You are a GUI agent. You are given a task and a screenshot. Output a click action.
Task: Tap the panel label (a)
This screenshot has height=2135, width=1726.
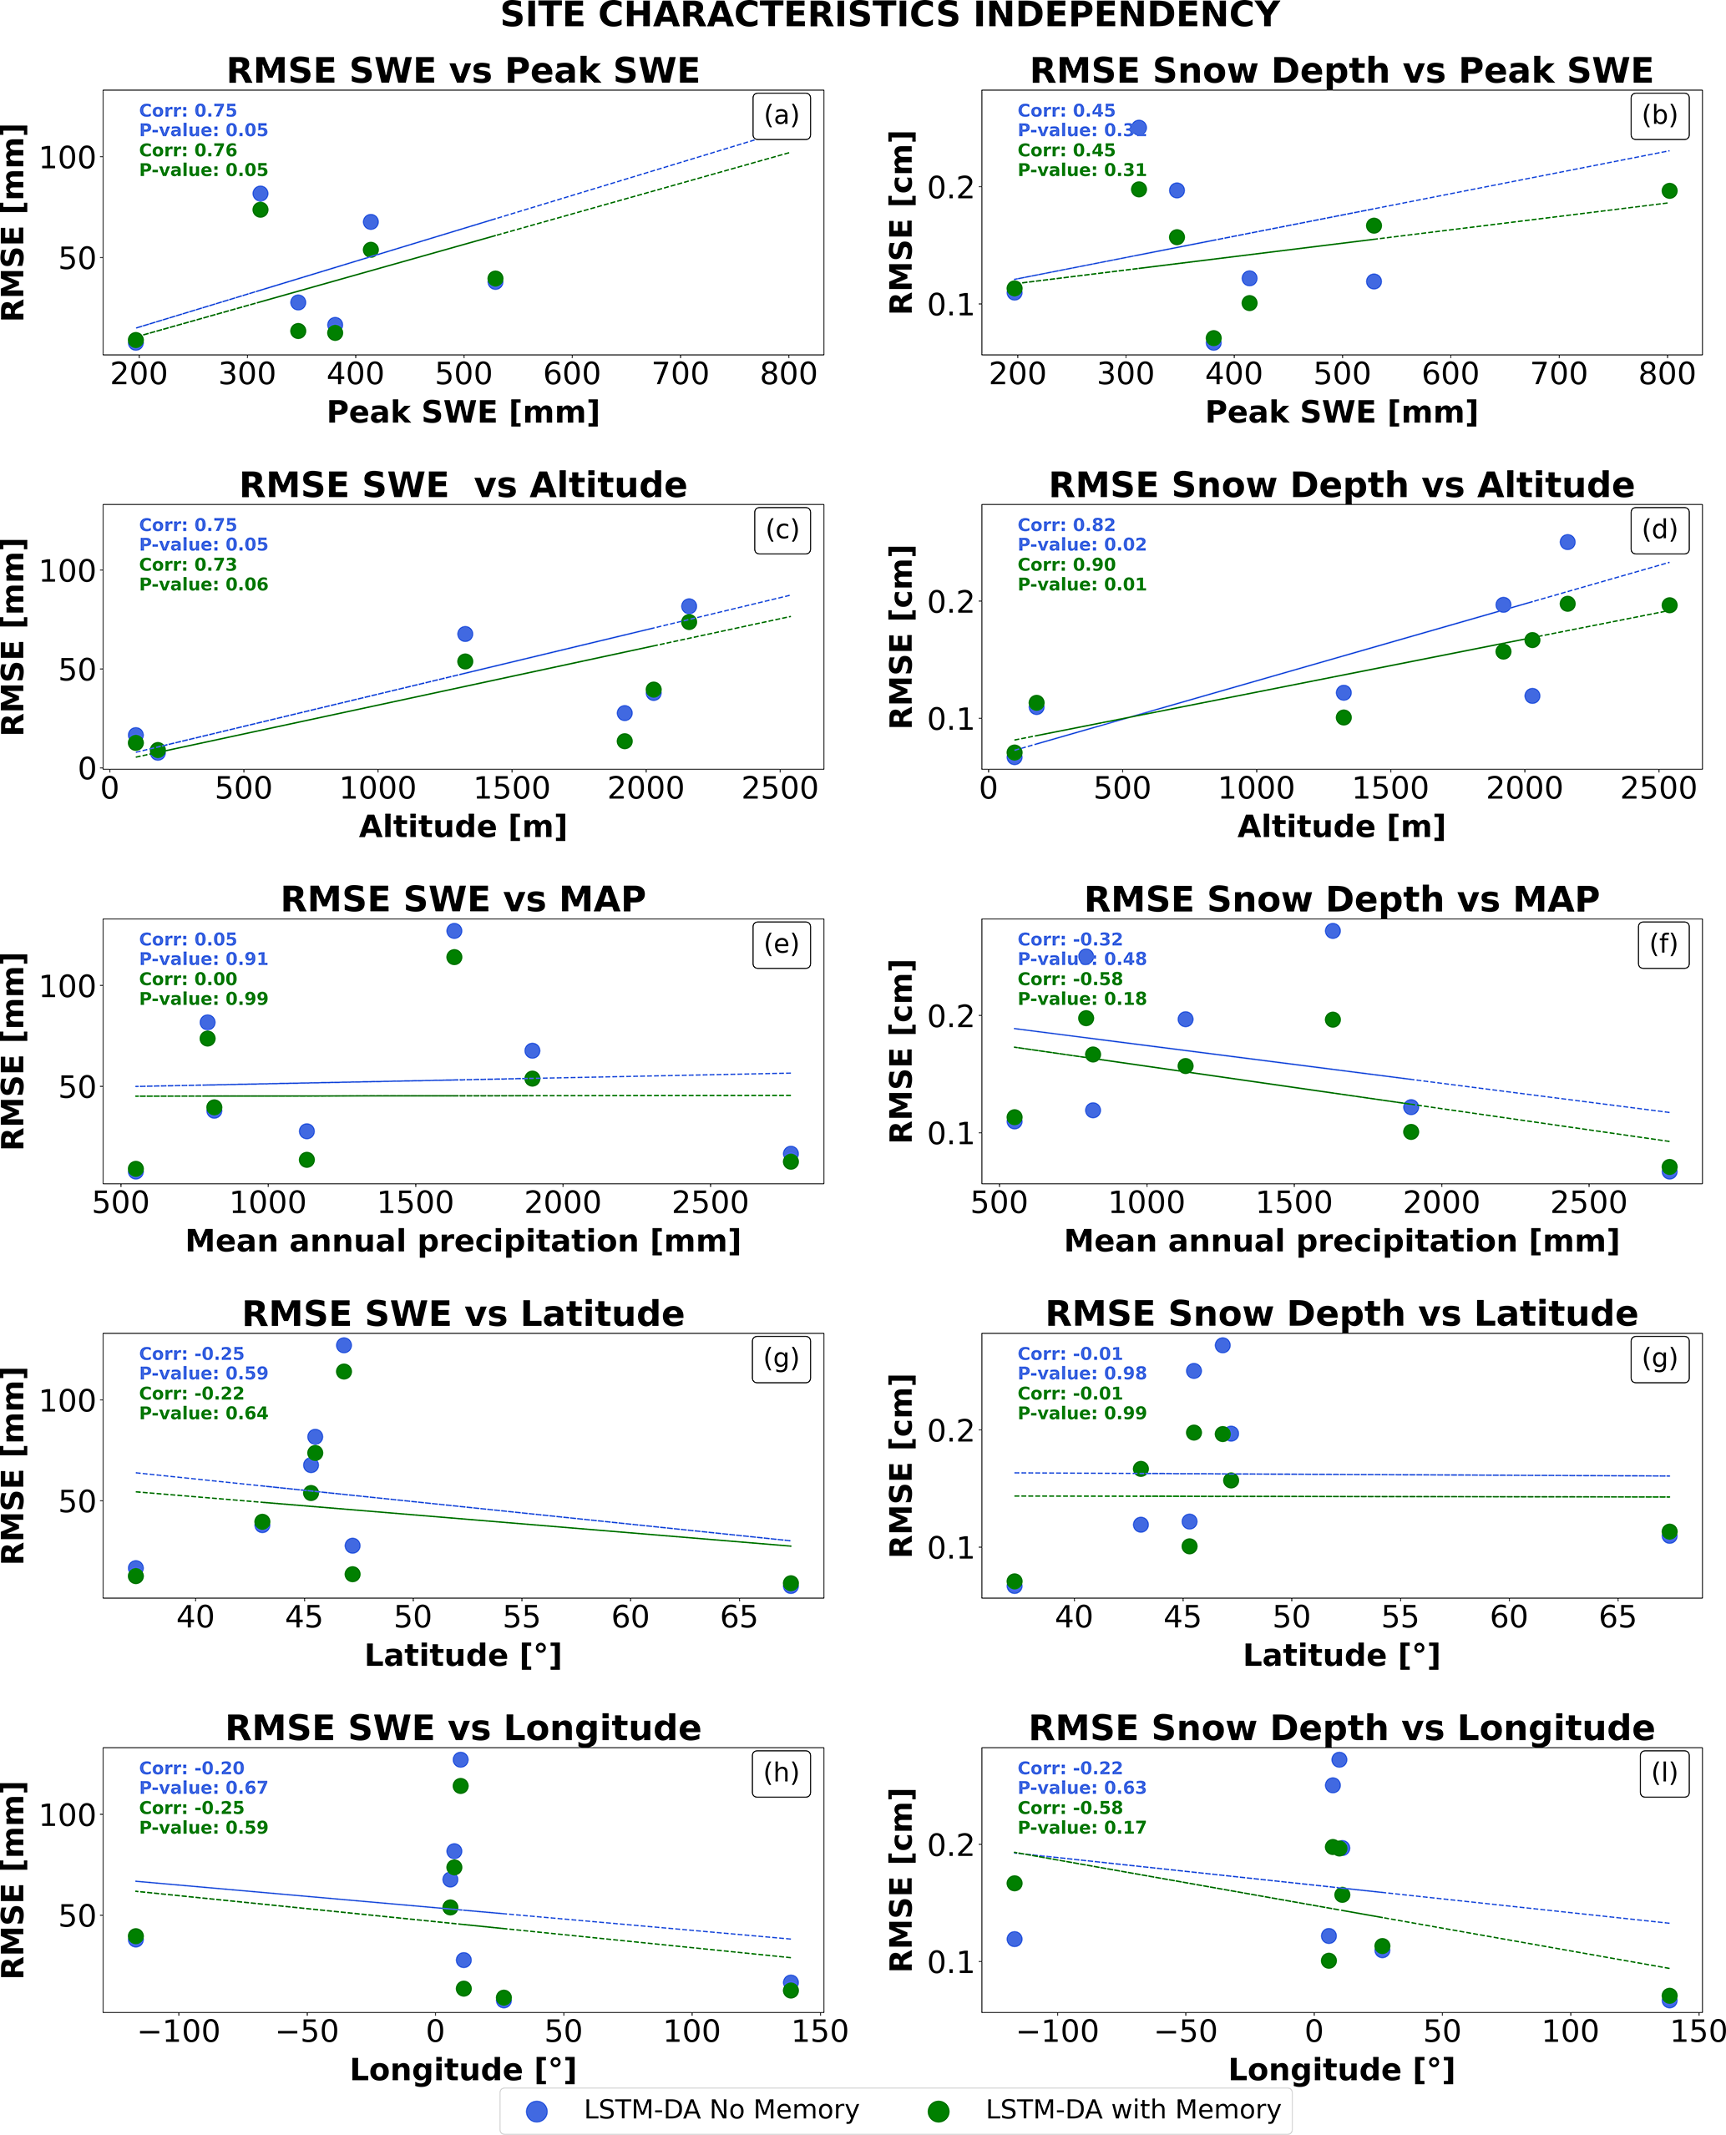click(x=782, y=116)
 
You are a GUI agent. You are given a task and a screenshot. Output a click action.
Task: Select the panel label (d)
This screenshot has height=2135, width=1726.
click(x=1659, y=529)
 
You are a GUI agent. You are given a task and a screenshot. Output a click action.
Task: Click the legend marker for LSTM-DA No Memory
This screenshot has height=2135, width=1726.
click(x=537, y=2111)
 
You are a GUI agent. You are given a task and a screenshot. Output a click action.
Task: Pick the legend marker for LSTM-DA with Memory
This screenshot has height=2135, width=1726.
click(x=938, y=2111)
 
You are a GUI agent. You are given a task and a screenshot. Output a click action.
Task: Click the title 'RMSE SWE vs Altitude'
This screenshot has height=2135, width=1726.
click(x=463, y=485)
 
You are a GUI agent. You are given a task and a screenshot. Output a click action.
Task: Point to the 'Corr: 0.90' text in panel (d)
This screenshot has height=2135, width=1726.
click(x=1065, y=564)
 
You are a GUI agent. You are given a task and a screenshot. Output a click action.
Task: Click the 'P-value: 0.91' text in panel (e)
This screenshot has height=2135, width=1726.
click(x=203, y=959)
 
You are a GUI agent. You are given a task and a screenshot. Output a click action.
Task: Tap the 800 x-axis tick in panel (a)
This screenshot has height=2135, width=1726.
click(x=788, y=375)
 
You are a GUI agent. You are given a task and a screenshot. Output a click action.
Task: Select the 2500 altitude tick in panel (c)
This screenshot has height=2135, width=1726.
click(x=779, y=789)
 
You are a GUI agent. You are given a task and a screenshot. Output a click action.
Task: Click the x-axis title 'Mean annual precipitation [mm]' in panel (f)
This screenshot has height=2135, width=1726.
click(x=1341, y=1242)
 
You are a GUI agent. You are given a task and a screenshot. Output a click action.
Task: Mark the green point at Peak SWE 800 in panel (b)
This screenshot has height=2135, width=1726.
click(x=1669, y=191)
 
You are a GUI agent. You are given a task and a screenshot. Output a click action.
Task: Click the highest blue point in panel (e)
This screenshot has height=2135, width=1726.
click(x=454, y=931)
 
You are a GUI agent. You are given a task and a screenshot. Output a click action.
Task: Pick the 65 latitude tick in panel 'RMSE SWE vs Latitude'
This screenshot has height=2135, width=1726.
click(x=739, y=1617)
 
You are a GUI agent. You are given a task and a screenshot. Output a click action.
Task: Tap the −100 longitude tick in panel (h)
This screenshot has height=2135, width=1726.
click(x=179, y=2031)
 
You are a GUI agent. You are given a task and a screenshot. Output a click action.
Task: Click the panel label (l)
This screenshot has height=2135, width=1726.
click(x=1663, y=1773)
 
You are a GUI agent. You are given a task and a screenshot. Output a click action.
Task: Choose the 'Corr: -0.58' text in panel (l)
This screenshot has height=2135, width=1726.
click(x=1070, y=1808)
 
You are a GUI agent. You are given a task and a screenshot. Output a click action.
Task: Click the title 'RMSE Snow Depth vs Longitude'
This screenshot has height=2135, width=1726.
click(x=1341, y=1728)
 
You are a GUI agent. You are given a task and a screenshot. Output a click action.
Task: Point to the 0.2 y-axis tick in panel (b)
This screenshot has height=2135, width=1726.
click(x=950, y=188)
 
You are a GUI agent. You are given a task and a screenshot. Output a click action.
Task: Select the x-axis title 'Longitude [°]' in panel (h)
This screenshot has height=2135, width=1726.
click(x=463, y=2071)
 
